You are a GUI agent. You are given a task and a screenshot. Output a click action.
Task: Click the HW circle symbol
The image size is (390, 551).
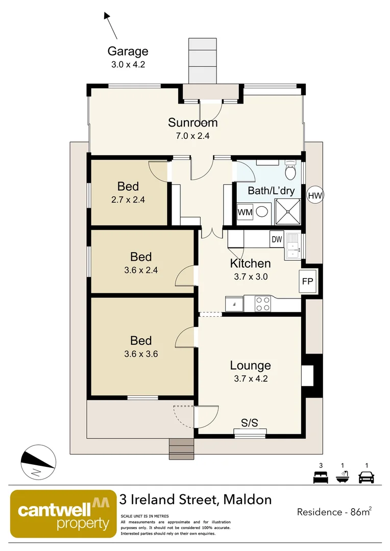tap(315, 195)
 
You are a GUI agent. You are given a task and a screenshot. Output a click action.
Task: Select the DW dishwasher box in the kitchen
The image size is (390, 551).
tap(277, 239)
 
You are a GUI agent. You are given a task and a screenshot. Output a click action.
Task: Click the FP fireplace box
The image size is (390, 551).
tap(307, 281)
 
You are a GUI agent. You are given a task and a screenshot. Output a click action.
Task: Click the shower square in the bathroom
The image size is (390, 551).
tap(288, 212)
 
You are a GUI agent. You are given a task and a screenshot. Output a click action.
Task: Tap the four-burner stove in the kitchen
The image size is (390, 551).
tap(263, 304)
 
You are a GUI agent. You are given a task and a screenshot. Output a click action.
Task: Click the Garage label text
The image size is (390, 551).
tap(128, 51)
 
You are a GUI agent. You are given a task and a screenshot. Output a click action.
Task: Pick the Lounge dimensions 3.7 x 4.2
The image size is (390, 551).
tap(250, 379)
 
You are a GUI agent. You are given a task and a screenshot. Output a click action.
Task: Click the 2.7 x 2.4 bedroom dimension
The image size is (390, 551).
tap(128, 200)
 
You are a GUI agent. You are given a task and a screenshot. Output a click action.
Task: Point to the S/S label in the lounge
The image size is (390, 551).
tap(250, 422)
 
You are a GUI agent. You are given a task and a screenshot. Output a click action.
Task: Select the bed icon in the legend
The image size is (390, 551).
tap(321, 478)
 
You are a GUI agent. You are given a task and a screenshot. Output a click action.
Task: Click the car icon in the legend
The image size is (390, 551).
tap(366, 478)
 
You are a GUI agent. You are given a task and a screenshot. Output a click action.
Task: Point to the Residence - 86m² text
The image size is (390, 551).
tap(333, 512)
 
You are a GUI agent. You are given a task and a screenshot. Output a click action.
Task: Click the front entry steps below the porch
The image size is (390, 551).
tap(182, 449)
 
